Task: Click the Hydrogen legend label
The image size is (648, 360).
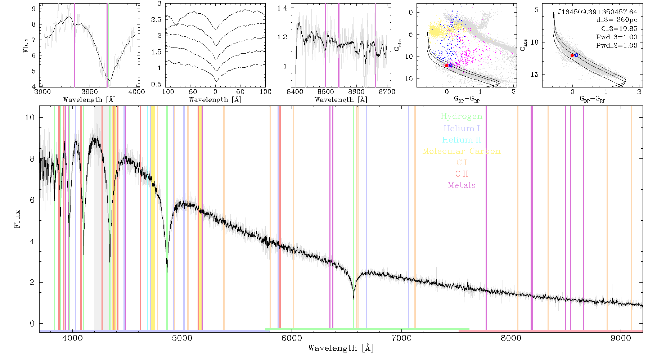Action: click(x=462, y=117)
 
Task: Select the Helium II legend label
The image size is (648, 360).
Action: click(x=462, y=140)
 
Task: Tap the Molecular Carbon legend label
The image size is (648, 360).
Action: click(x=462, y=151)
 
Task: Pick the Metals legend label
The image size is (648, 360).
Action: click(x=462, y=185)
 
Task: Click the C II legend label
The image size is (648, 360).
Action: click(x=462, y=174)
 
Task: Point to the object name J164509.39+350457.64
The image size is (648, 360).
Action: click(x=598, y=12)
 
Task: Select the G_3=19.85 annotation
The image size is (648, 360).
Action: click(x=619, y=29)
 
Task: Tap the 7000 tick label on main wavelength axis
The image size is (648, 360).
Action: click(x=401, y=338)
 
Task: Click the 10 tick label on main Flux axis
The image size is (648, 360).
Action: click(x=30, y=117)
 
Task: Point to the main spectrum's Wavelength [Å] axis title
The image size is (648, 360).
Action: click(x=341, y=348)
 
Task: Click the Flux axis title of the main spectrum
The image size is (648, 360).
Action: click(x=17, y=219)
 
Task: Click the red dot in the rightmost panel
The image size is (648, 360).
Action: click(x=572, y=55)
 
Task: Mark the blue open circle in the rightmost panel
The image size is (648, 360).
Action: click(x=576, y=55)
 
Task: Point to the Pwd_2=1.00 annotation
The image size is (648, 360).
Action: click(x=617, y=46)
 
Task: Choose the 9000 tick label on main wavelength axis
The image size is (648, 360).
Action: click(x=621, y=338)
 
